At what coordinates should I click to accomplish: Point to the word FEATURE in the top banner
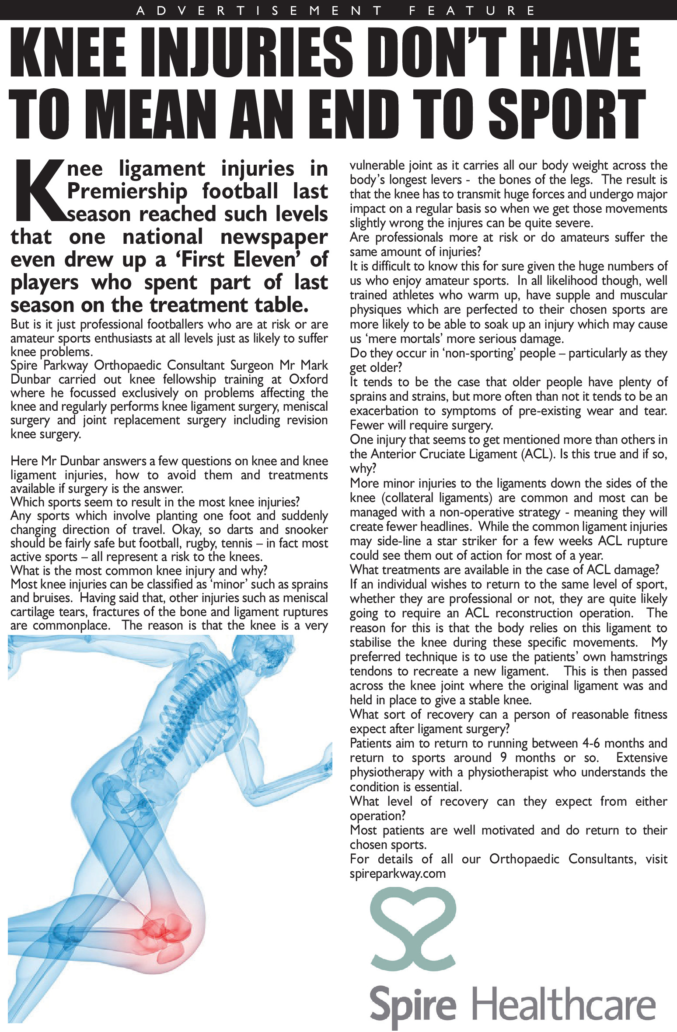pos(472,10)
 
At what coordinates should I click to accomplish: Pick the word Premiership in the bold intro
pos(127,191)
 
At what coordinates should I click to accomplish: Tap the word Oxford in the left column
pos(308,379)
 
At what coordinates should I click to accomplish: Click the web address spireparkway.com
pos(398,873)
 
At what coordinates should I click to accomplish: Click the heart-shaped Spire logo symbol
pos(413,931)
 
